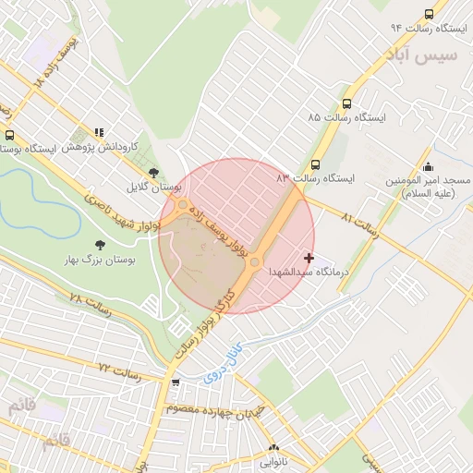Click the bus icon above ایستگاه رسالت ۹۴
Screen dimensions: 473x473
click(428, 14)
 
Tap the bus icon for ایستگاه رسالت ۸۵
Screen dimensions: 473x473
click(346, 104)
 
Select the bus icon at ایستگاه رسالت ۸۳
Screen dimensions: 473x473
click(315, 163)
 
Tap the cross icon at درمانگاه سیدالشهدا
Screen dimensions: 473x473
click(309, 257)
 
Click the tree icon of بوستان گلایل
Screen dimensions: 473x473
click(153, 173)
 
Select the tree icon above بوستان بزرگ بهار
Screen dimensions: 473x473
click(100, 245)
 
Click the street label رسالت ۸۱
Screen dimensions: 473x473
click(359, 223)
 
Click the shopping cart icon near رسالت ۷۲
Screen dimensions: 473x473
click(176, 382)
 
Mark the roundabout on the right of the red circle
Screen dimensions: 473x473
click(255, 263)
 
